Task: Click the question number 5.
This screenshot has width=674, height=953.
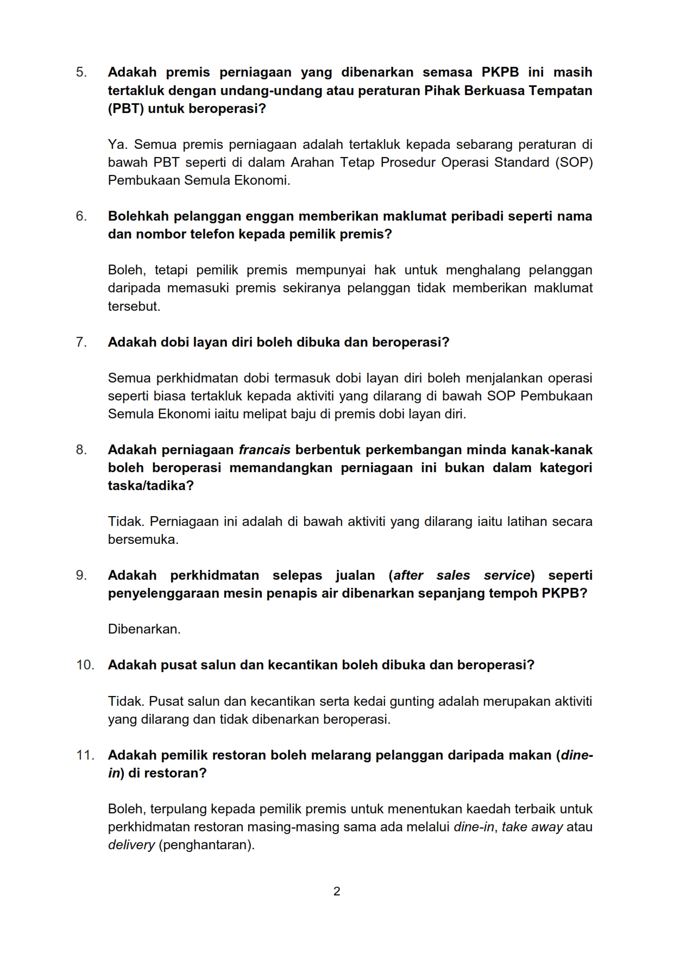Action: (81, 72)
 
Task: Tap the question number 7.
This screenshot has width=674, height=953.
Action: (81, 342)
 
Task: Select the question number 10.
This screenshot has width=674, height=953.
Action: (85, 665)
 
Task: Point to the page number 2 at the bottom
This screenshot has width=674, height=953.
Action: (337, 891)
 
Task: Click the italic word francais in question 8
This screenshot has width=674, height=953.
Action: (264, 450)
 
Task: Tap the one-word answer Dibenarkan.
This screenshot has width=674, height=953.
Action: (144, 629)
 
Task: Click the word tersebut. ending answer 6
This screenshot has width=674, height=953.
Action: (134, 306)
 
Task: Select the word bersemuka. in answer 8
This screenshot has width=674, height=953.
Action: (143, 540)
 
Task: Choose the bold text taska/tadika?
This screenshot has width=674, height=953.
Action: (150, 486)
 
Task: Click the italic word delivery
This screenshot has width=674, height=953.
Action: (131, 845)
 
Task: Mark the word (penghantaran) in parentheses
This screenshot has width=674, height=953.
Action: (206, 845)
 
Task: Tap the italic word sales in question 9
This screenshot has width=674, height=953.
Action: (453, 575)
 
